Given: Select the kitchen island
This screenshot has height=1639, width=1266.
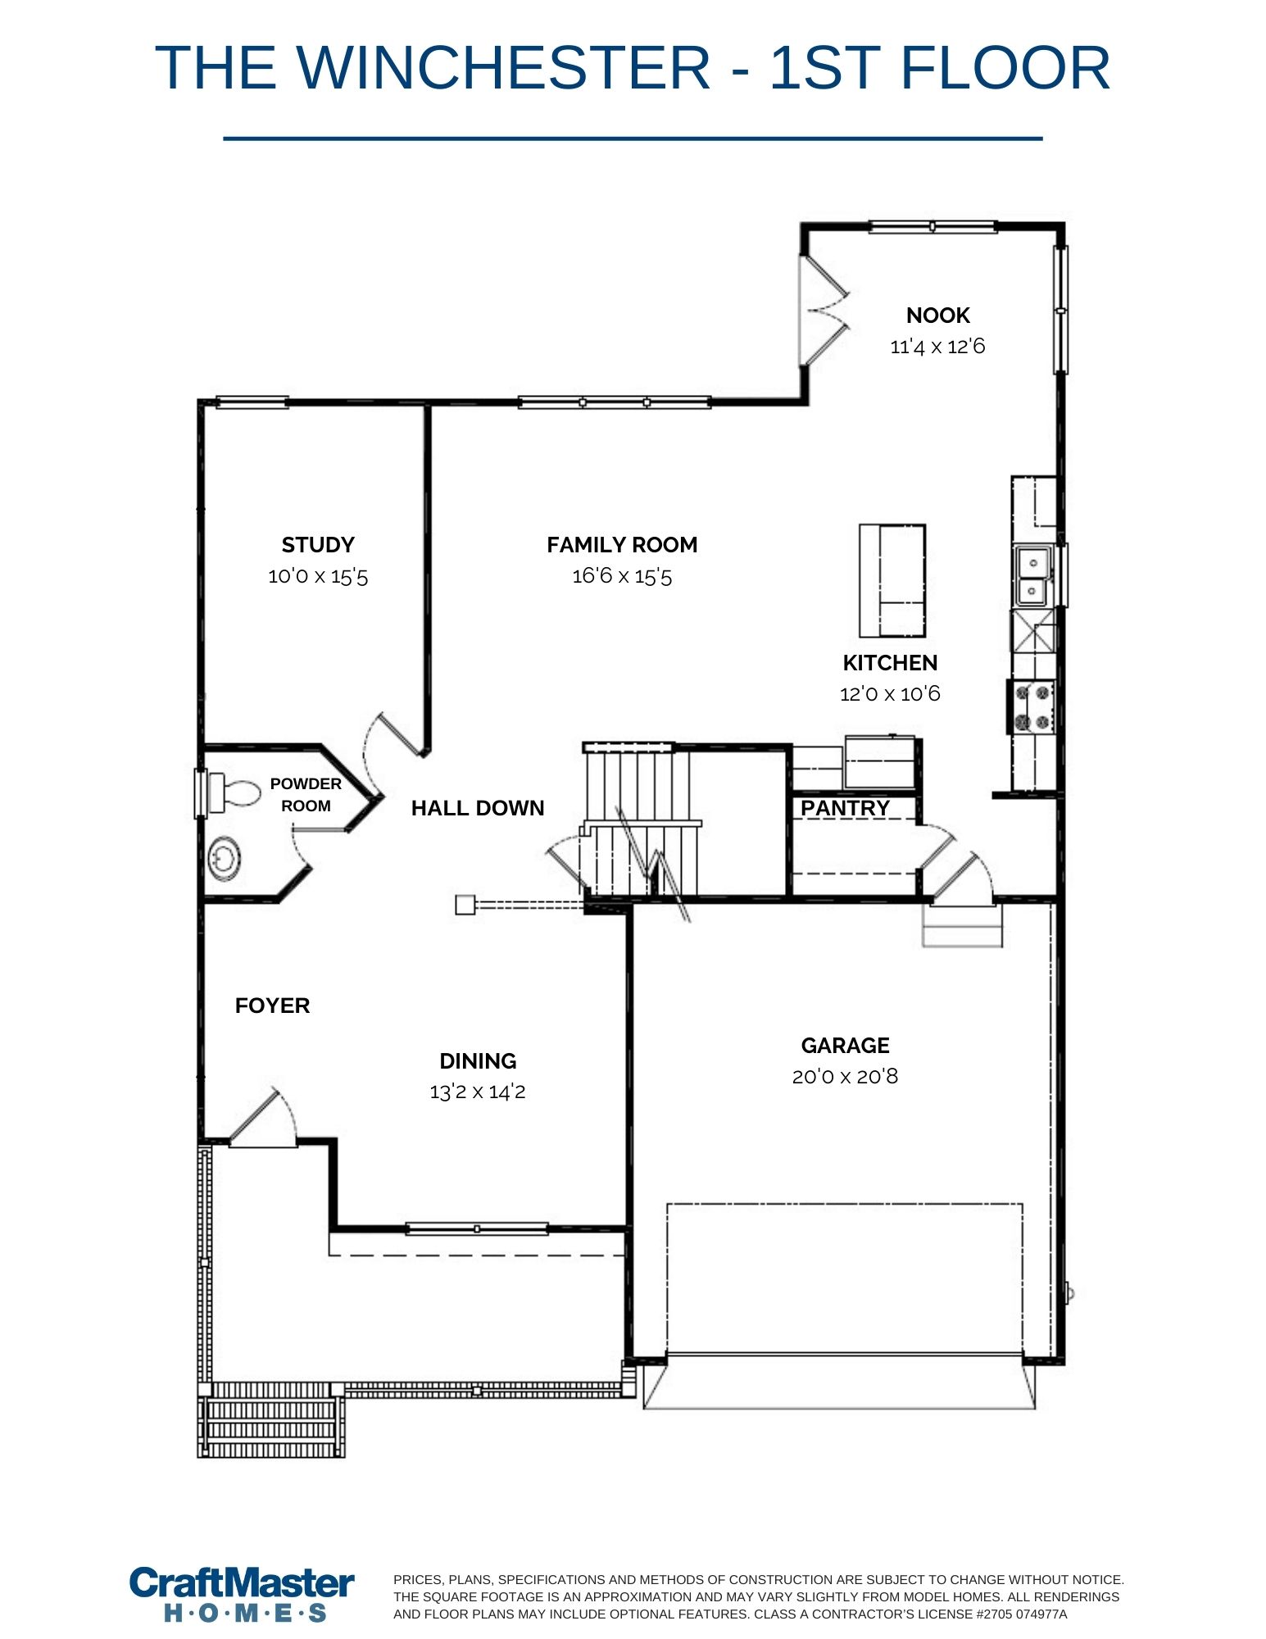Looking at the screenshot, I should tap(892, 580).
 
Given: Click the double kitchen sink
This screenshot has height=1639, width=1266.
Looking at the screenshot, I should tap(1032, 576).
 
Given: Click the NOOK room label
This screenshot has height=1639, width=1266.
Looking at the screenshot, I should tap(937, 316).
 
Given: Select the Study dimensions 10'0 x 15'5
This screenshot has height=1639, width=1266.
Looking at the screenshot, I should tap(318, 576).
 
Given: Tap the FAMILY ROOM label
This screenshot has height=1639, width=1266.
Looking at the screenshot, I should tap(622, 545).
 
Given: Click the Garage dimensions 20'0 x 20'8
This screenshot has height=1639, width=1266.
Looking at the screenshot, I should tap(845, 1076).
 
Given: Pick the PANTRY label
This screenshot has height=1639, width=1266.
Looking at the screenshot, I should tap(845, 808).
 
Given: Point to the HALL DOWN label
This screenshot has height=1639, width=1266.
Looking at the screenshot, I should tap(478, 808).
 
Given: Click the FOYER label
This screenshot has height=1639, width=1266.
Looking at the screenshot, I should tap(272, 1006).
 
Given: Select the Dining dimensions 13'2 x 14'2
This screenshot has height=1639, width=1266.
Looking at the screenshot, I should tap(478, 1092).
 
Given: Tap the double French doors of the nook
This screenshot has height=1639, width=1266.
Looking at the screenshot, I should tap(824, 310).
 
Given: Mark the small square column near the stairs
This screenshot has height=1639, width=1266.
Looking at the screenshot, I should tap(465, 905).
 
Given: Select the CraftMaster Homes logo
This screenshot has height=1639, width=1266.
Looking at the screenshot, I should tap(243, 1593).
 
